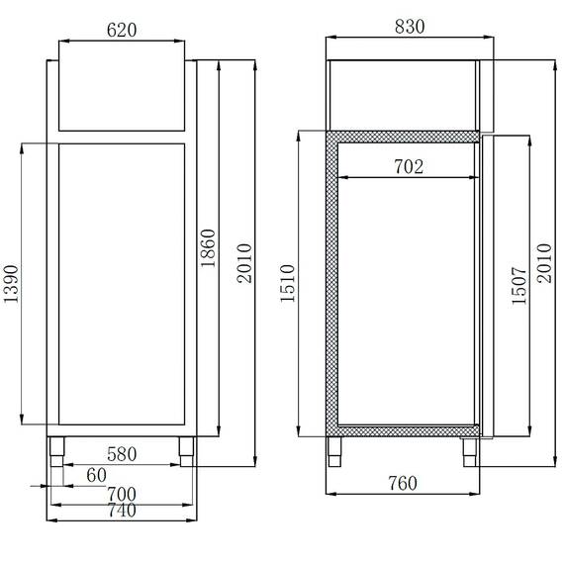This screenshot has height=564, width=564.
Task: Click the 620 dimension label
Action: (121, 31)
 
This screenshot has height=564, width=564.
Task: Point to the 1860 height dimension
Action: (208, 255)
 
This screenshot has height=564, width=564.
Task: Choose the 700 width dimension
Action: (120, 493)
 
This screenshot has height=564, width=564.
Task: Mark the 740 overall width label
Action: (120, 511)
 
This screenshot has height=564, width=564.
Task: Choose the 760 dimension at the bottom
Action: (402, 483)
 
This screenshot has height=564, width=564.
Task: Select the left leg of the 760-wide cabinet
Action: (337, 450)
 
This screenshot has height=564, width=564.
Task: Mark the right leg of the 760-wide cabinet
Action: (468, 450)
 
